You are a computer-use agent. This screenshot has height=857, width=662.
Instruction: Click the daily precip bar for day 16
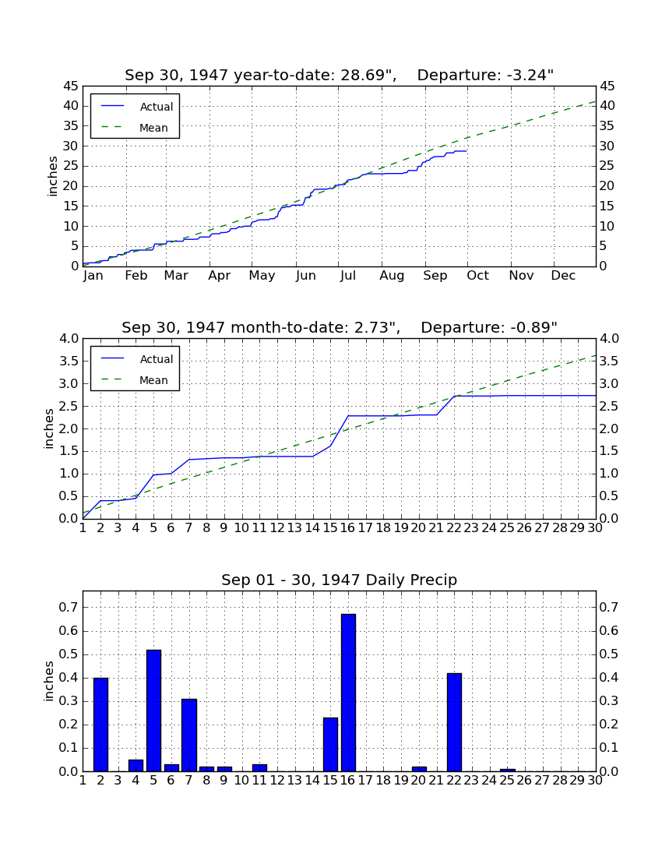point(348,693)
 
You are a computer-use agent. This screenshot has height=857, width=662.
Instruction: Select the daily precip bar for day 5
point(154,711)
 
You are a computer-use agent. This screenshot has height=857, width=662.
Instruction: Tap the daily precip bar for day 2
point(101,725)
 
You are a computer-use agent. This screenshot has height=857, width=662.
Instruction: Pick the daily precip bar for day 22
point(454,722)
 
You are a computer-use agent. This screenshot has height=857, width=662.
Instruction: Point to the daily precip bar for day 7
point(189,735)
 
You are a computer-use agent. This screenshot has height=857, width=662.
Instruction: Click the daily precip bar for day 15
point(330,744)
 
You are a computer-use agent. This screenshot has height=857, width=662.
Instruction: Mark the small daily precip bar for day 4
point(136,766)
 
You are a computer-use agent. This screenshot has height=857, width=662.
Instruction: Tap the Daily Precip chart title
point(340,580)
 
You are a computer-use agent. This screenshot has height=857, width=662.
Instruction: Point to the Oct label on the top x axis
point(477,276)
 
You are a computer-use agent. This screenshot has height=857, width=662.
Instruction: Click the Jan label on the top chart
point(93,276)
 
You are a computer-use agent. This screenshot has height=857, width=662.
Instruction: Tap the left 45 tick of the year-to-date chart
point(72,86)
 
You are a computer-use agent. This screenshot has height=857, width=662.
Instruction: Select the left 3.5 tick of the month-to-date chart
point(69,361)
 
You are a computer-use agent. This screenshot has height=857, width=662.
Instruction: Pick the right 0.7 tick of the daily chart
point(609,607)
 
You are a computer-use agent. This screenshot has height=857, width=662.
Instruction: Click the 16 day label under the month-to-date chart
point(347,528)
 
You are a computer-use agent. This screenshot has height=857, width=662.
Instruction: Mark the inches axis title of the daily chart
point(49,681)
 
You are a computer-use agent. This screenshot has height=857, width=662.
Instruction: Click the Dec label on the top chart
point(563,276)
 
